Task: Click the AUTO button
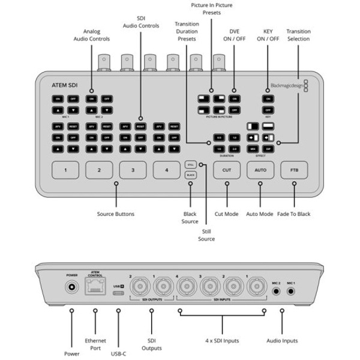tap(260, 170)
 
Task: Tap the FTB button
tap(294, 170)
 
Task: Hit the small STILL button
tap(191, 164)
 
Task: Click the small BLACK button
tap(191, 175)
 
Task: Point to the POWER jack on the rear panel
tap(73, 287)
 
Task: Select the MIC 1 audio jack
tap(292, 291)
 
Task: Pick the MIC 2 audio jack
tap(276, 291)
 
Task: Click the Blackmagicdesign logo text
tap(286, 85)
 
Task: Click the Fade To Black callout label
tap(294, 214)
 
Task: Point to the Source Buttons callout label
tap(116, 214)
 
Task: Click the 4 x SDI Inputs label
tap(221, 340)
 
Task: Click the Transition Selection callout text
tap(298, 35)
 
